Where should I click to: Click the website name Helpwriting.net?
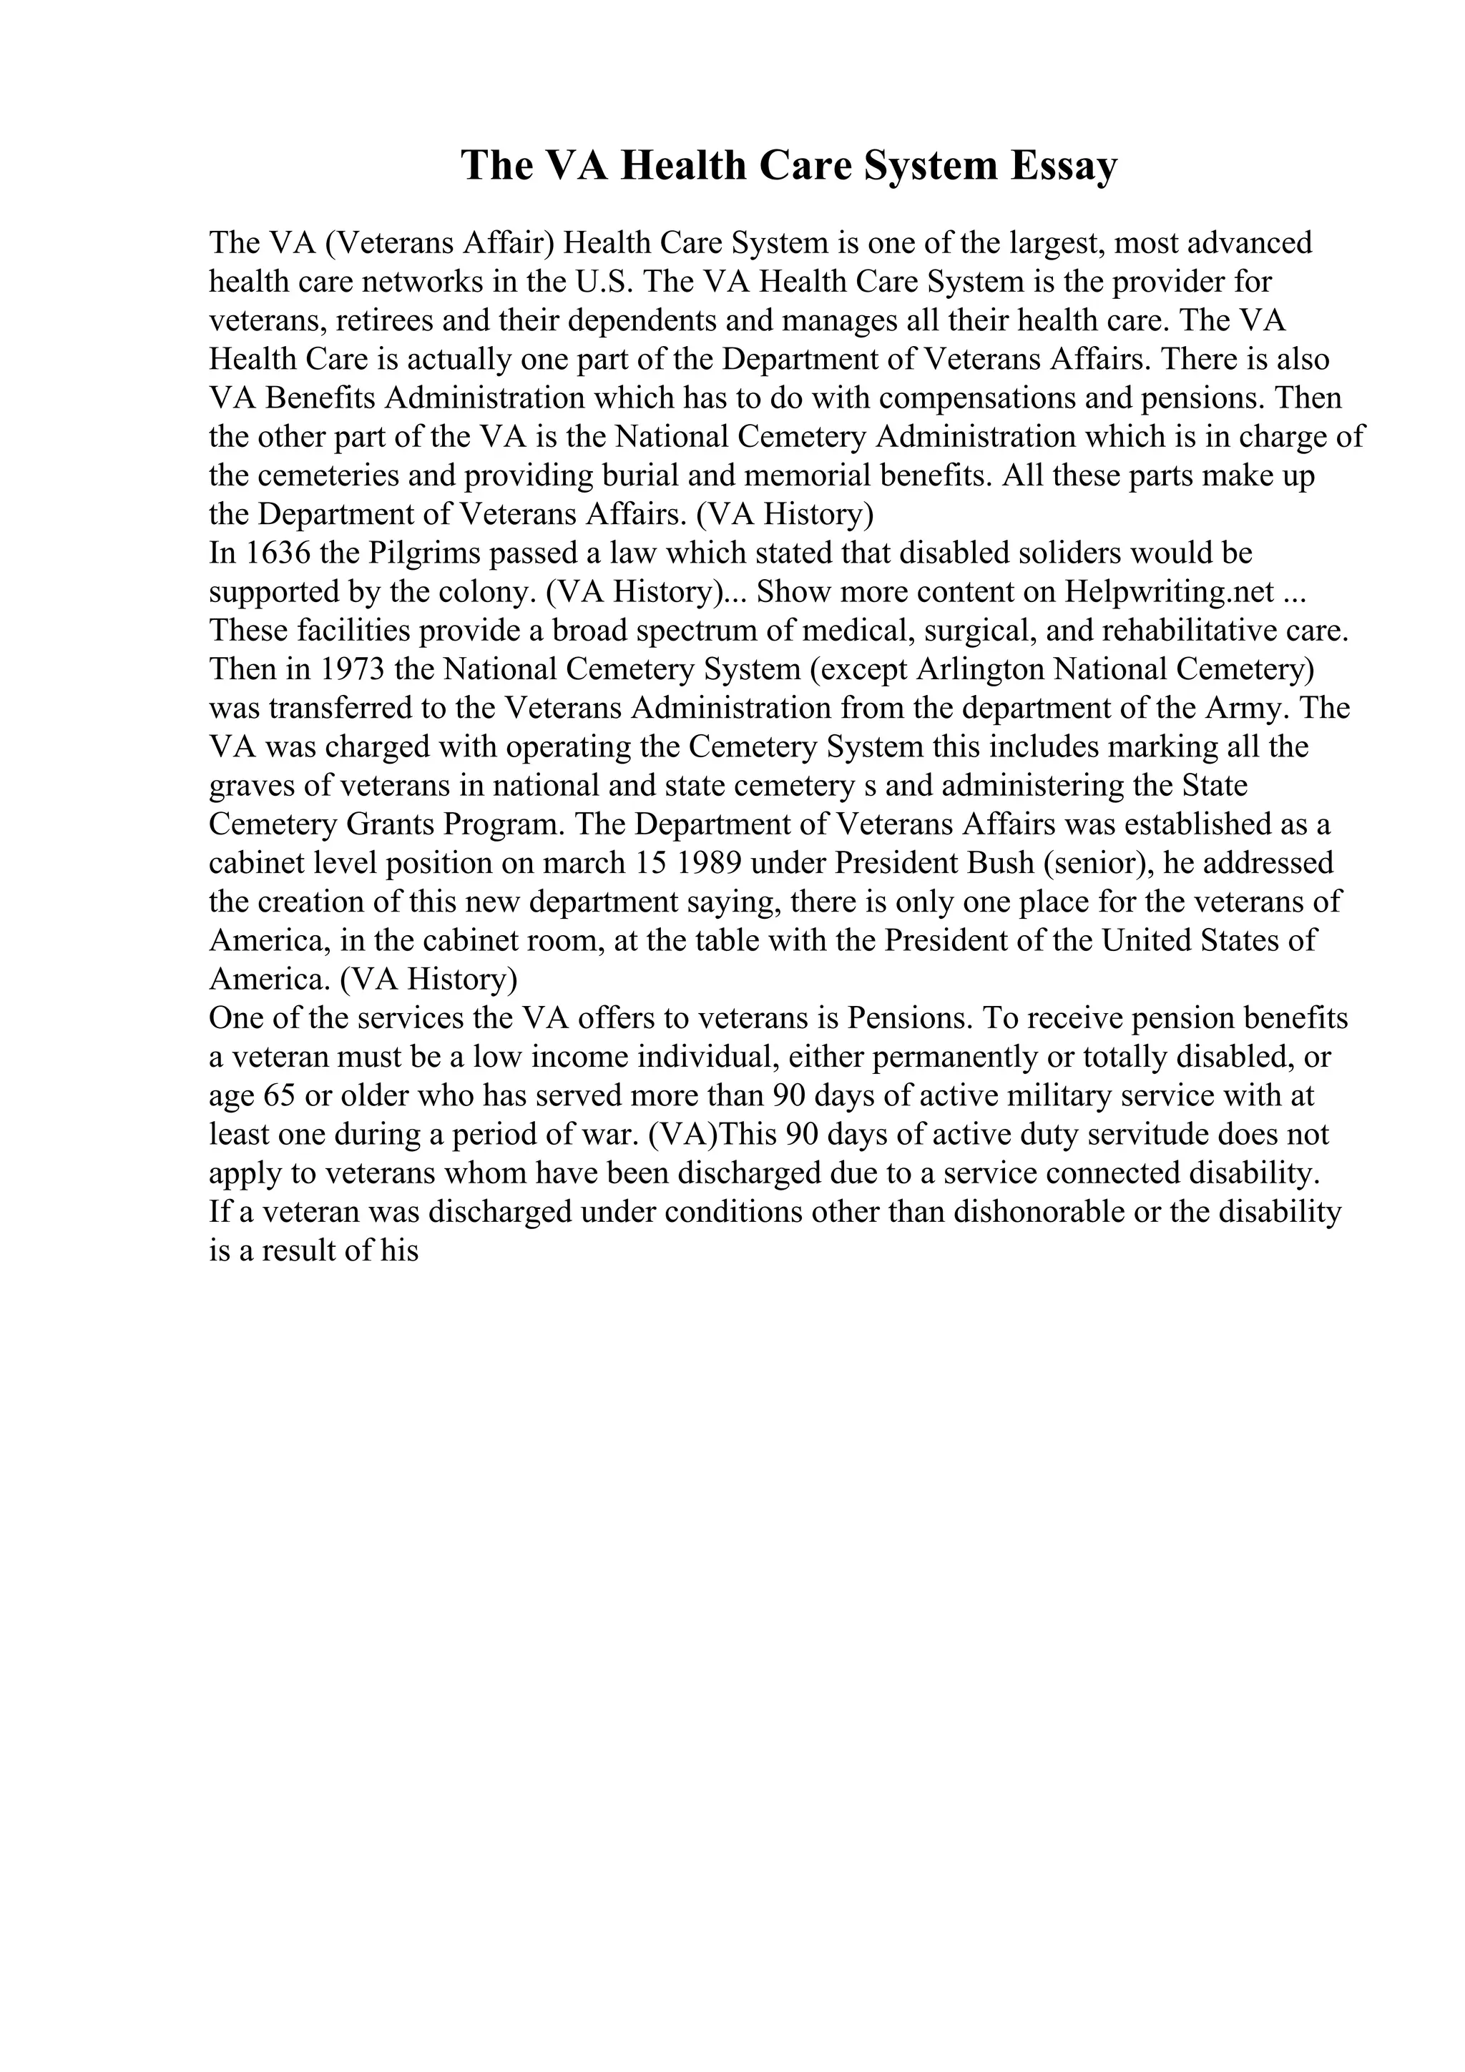click(1169, 591)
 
